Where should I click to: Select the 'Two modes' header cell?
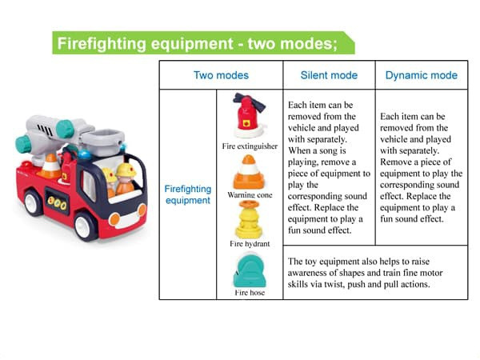[x=221, y=75]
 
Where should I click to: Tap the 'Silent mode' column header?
[x=329, y=75]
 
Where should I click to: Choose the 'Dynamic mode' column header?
[x=422, y=75]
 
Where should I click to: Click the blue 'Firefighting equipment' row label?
[x=188, y=194]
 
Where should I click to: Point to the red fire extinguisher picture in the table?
[x=249, y=115]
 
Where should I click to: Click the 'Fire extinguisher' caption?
[x=250, y=146]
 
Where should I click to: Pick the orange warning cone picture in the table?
[x=249, y=172]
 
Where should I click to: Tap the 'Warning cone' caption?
[x=250, y=195]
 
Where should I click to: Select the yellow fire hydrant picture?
[x=249, y=219]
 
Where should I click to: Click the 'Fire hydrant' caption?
[x=250, y=244]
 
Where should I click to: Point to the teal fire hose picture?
[x=250, y=270]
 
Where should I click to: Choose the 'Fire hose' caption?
[x=250, y=293]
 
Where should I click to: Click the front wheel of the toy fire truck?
[x=85, y=226]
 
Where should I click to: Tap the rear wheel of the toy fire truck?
[x=33, y=202]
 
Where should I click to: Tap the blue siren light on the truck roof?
[x=84, y=154]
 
